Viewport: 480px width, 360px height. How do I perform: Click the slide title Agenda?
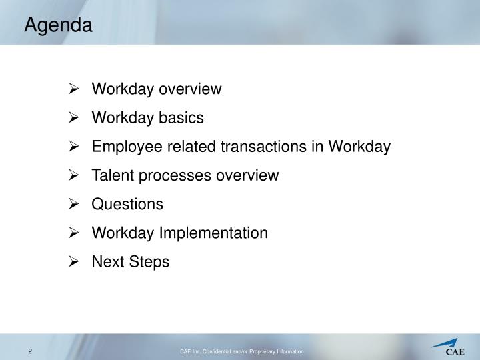58,26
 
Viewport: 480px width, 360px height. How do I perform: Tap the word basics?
181,118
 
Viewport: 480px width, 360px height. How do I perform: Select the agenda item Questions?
127,205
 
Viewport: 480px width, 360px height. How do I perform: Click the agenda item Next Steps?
130,262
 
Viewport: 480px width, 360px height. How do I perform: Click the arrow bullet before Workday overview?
74,89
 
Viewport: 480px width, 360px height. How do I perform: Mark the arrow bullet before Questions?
74,205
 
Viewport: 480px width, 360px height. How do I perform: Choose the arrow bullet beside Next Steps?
74,262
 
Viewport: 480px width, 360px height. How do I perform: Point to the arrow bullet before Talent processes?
74,176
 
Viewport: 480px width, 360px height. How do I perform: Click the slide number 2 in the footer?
30,351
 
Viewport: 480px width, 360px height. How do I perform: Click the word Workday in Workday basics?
120,118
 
